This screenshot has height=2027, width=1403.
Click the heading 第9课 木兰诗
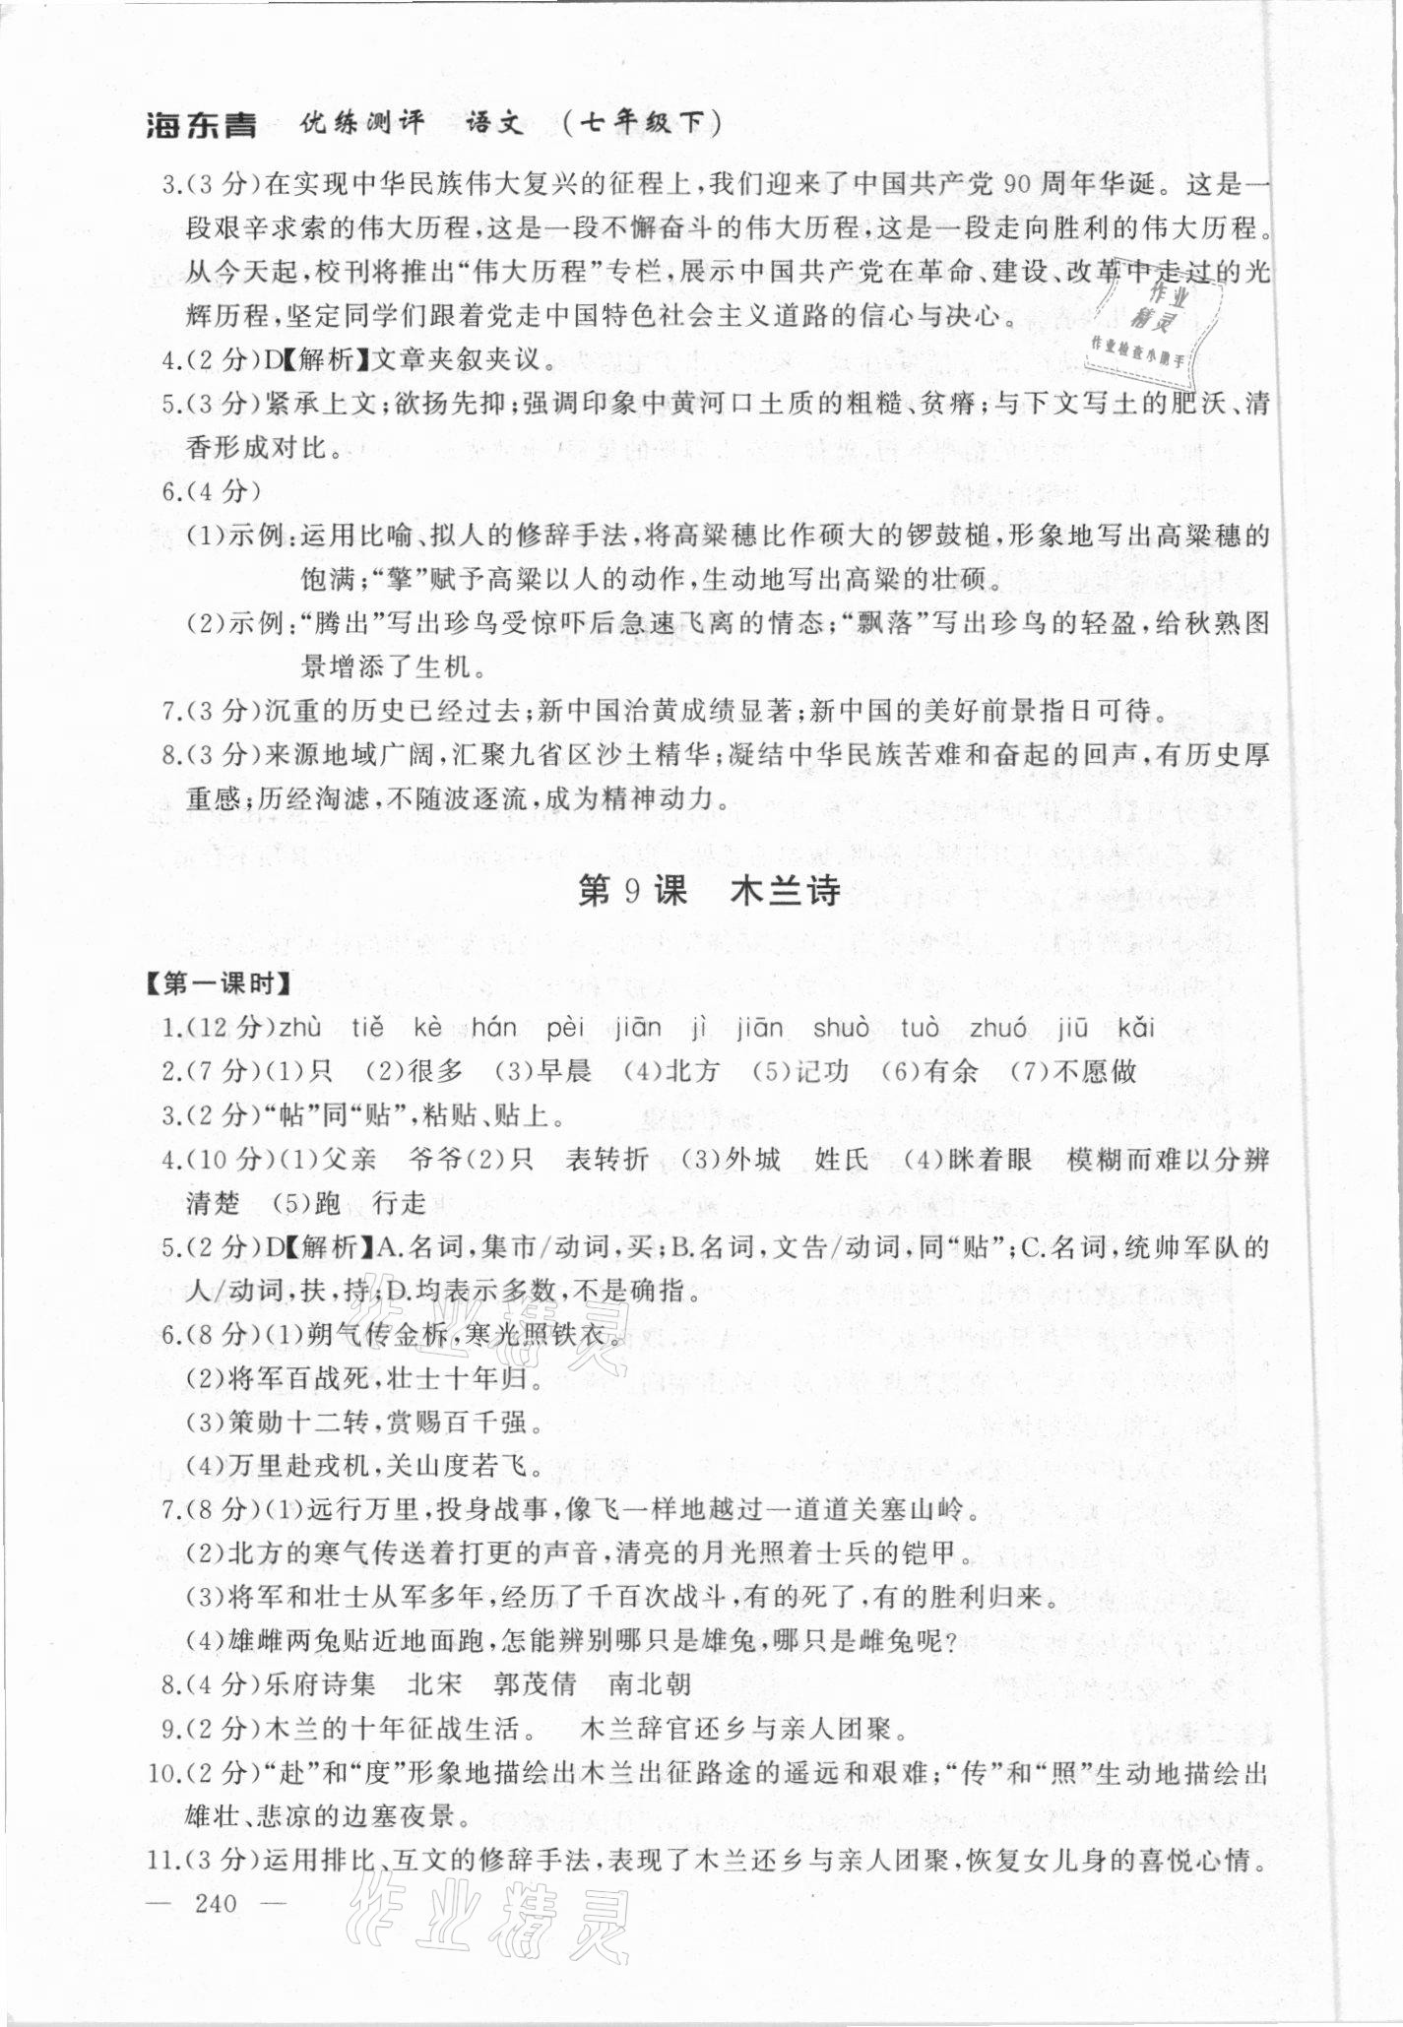(x=708, y=891)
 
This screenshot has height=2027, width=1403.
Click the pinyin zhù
(x=300, y=1029)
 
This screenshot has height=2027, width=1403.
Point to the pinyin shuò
(x=841, y=1029)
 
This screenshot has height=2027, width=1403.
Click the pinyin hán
(x=494, y=1029)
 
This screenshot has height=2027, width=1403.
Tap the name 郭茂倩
(x=535, y=1683)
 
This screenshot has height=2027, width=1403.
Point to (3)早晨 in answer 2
(x=542, y=1072)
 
